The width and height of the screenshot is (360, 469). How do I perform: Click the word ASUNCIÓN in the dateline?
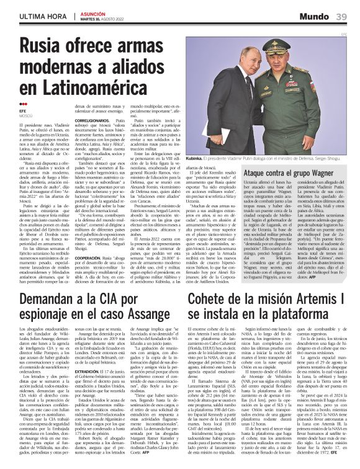(93, 13)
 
